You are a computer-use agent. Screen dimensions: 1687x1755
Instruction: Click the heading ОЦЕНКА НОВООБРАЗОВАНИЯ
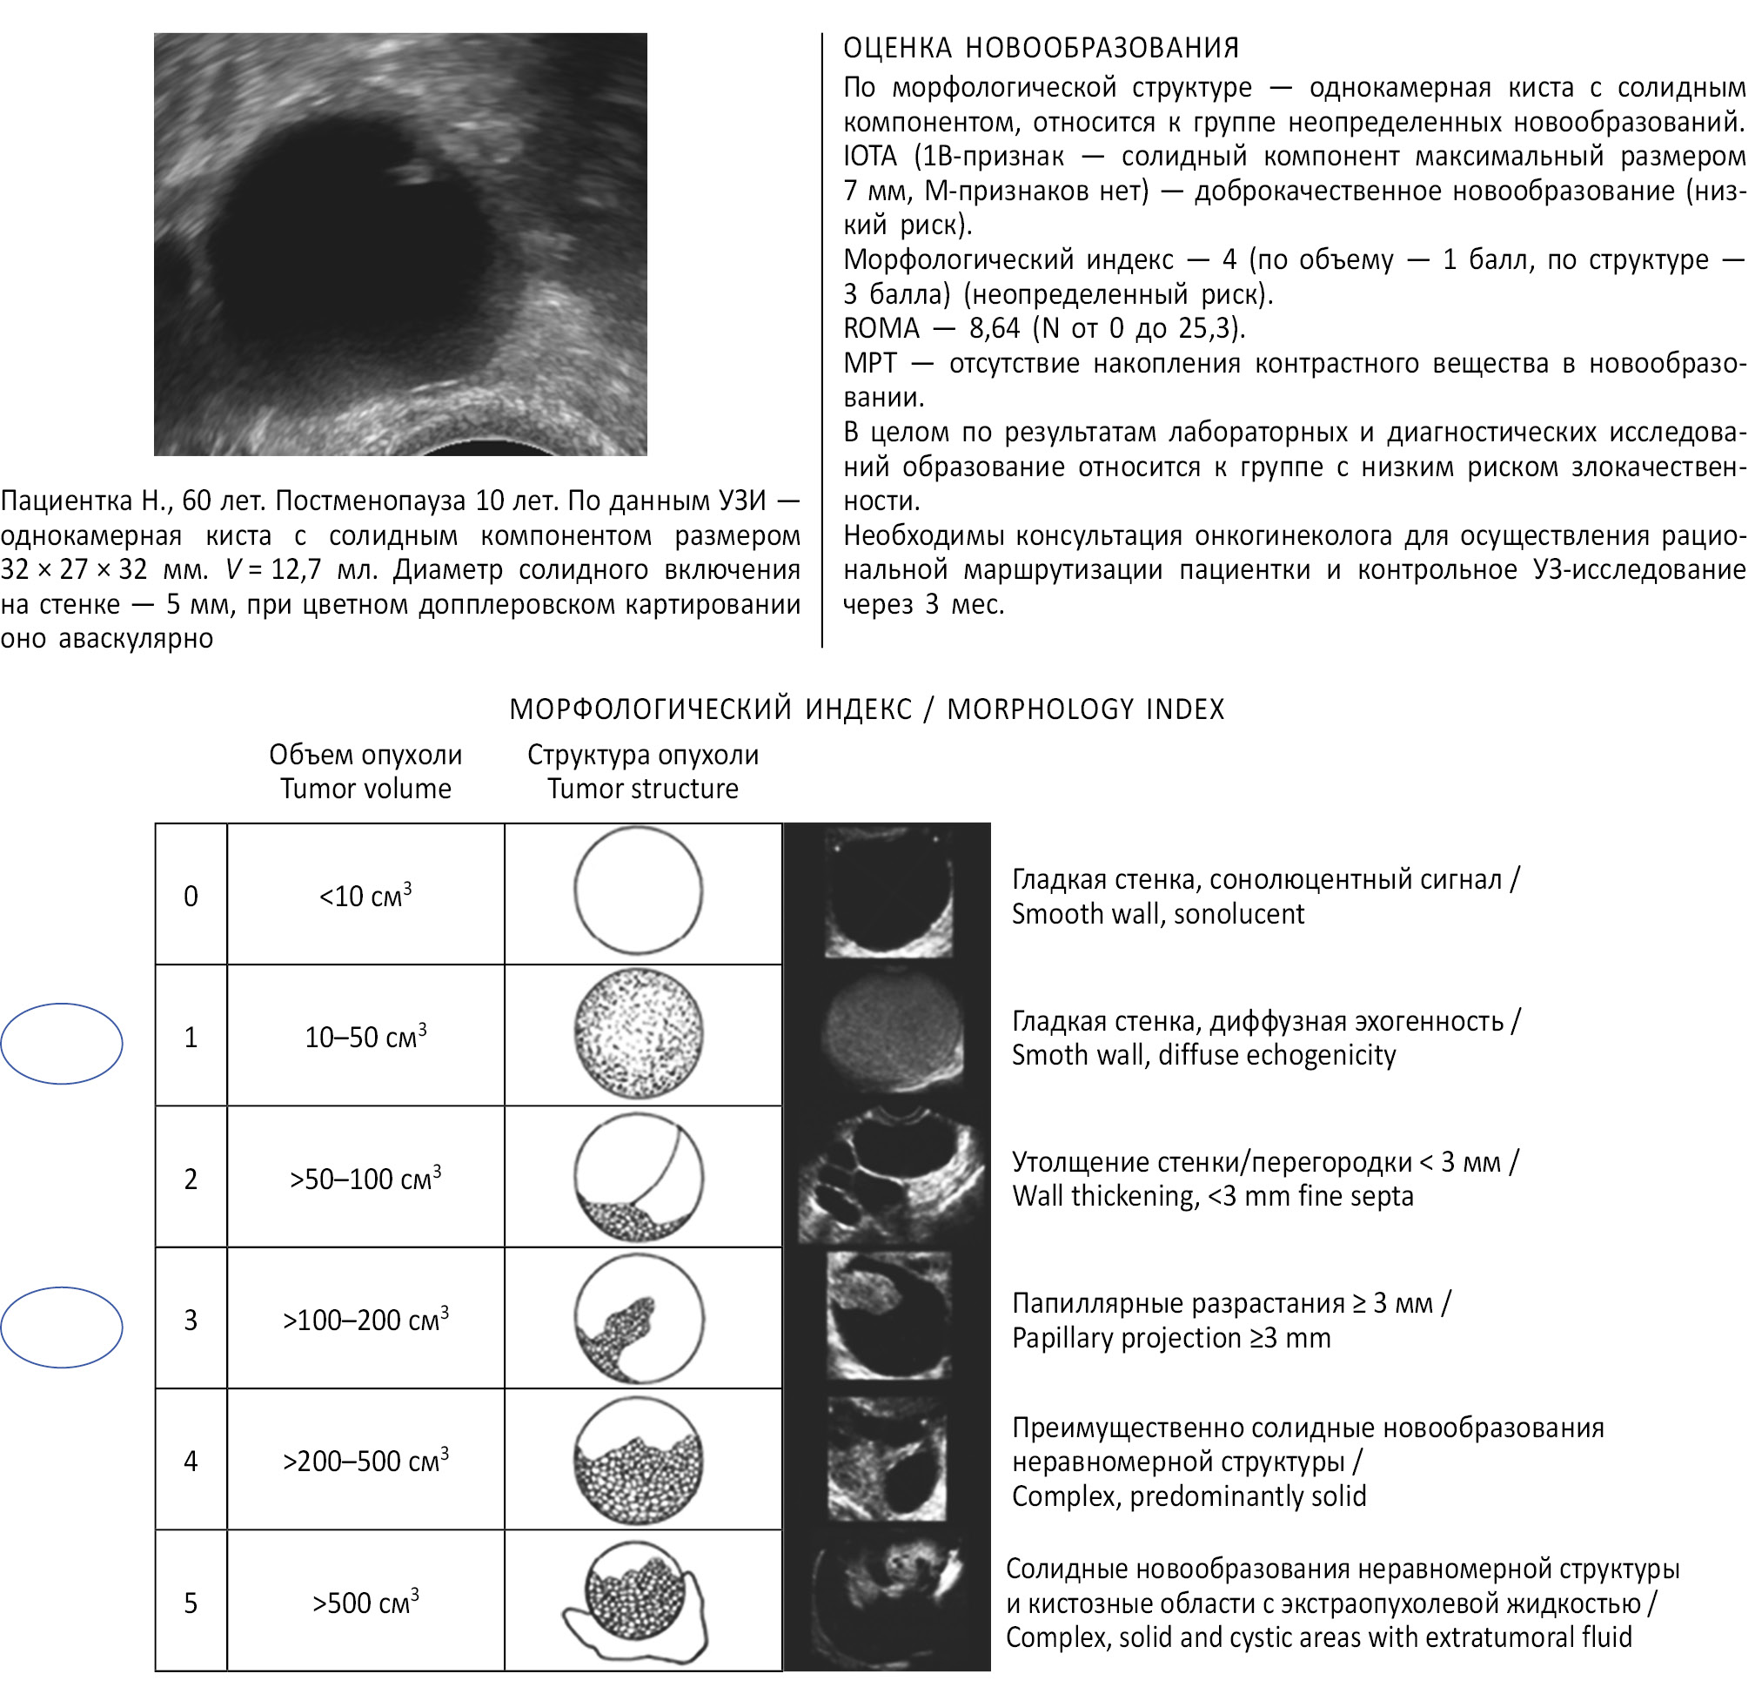(1041, 48)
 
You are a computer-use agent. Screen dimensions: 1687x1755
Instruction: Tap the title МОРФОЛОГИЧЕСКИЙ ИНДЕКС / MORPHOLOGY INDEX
(866, 709)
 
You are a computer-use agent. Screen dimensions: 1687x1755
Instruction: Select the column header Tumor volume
(365, 789)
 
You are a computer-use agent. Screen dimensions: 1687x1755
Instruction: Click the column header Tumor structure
(642, 789)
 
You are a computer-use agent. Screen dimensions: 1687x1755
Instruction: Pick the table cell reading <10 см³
(365, 896)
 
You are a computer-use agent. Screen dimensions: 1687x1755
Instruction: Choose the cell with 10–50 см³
(365, 1037)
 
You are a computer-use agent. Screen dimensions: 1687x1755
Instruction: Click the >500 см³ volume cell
(365, 1603)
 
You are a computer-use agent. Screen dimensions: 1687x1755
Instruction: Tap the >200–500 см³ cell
(365, 1462)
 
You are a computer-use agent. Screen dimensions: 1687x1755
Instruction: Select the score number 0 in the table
(191, 896)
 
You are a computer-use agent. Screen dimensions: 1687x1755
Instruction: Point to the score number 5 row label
(191, 1603)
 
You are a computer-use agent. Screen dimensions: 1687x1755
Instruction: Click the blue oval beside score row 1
(62, 1043)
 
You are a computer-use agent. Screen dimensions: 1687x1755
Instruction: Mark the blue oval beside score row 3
(62, 1327)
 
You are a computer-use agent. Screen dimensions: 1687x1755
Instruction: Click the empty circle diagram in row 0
(639, 891)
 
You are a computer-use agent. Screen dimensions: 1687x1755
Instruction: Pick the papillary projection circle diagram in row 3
(639, 1319)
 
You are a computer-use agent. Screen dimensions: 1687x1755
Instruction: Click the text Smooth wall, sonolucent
(1157, 914)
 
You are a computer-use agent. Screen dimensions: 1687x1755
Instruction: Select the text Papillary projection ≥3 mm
(1170, 1338)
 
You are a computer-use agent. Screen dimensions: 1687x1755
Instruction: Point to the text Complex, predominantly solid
(1189, 1496)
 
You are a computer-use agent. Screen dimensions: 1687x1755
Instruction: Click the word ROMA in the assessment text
(881, 329)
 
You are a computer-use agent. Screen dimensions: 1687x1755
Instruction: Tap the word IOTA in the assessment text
(869, 157)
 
